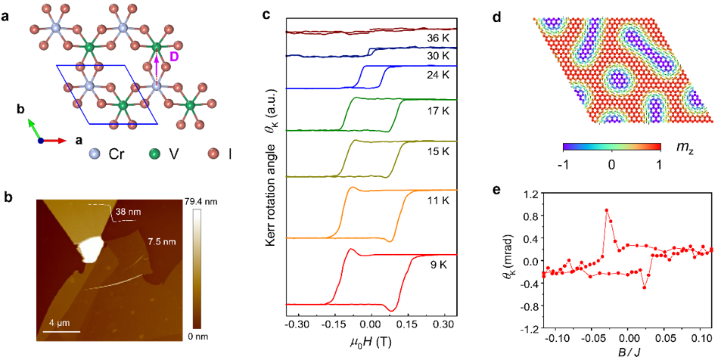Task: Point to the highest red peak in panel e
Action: pos(607,211)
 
